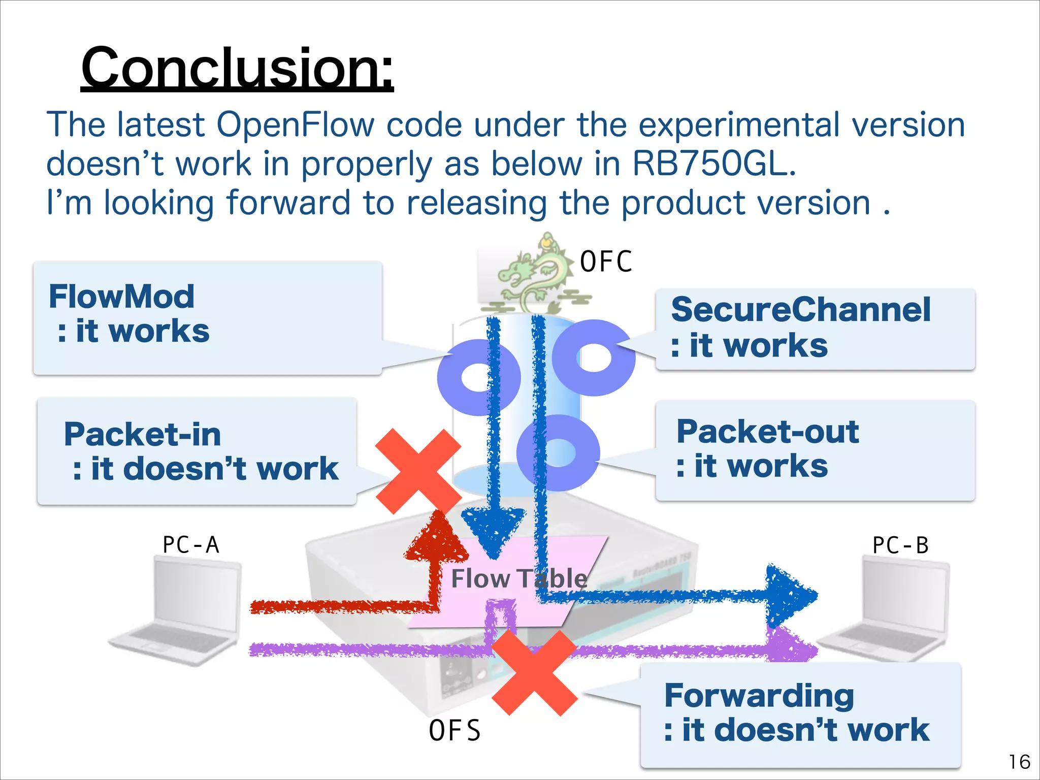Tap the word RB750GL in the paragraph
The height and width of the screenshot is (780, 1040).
coord(713,165)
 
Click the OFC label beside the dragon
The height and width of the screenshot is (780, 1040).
coord(606,262)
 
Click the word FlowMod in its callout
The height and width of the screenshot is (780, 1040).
coord(121,297)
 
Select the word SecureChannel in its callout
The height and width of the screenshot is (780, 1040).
coord(801,310)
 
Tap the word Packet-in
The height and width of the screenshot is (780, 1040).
coord(142,435)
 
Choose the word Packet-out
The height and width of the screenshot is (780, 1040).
coord(768,432)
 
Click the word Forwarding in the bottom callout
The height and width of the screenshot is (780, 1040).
coord(759,696)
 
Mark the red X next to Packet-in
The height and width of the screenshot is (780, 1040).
coord(418,471)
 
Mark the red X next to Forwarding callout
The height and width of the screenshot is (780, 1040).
coord(535,673)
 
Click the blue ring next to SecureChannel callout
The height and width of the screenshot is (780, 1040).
coord(594,357)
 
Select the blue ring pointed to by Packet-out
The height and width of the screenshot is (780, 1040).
coord(559,452)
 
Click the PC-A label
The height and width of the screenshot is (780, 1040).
coord(190,545)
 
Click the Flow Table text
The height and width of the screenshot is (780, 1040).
coord(519,579)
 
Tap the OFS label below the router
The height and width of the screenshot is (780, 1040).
coord(454,731)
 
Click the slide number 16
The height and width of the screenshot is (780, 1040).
coord(1019,762)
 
